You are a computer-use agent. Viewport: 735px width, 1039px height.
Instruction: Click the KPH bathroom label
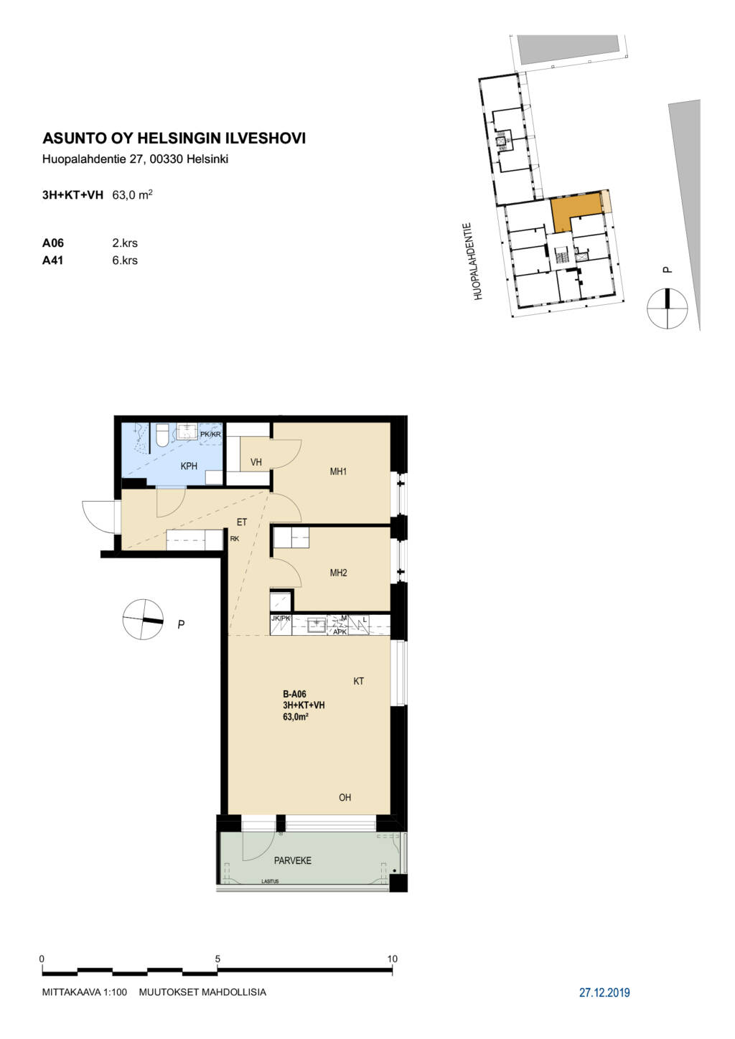pos(189,466)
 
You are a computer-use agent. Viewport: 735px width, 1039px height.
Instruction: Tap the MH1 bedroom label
pos(338,471)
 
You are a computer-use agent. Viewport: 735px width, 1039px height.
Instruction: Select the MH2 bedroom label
pos(338,573)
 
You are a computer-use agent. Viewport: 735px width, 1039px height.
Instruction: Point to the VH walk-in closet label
pos(256,462)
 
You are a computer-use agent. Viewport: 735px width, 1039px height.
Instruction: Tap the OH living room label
pos(345,797)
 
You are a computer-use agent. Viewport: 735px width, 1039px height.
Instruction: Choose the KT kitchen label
pos(359,681)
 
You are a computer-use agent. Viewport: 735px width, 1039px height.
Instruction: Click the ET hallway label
pos(242,522)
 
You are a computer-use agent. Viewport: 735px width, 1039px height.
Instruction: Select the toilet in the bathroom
pos(162,435)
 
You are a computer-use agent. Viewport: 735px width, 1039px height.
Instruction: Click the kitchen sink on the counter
pos(317,625)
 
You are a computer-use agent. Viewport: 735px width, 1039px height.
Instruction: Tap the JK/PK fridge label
pos(281,619)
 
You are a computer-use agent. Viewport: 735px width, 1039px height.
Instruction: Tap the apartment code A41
pos(53,260)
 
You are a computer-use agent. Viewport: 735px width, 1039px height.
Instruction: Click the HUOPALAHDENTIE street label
pos(479,262)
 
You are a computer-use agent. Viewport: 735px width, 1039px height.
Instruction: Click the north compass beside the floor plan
pos(143,619)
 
